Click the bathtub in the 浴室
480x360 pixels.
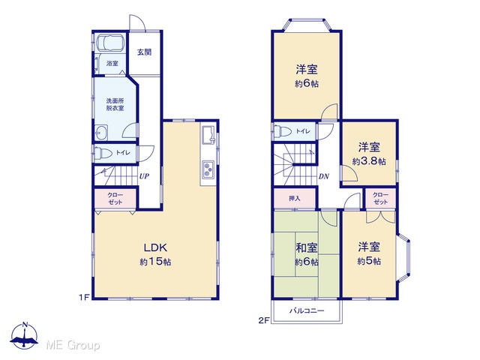(x=110, y=42)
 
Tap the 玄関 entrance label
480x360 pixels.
(x=144, y=52)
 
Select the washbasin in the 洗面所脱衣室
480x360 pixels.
(x=101, y=133)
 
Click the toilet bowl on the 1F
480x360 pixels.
(x=100, y=153)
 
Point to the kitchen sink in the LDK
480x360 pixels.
(x=208, y=134)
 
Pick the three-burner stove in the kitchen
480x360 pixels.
(x=208, y=169)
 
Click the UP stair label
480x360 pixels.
(x=144, y=176)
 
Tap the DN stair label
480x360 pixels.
(x=324, y=176)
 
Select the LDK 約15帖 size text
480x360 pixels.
(x=155, y=262)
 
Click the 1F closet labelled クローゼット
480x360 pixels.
(x=115, y=198)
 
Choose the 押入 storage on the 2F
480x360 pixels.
(x=295, y=198)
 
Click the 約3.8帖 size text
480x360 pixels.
(x=369, y=161)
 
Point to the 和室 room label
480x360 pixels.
(x=307, y=247)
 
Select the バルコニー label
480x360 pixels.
(x=307, y=311)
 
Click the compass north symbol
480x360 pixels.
(x=25, y=335)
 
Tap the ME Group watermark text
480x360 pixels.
(x=73, y=345)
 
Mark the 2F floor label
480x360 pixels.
(x=263, y=320)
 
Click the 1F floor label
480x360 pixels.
(x=84, y=297)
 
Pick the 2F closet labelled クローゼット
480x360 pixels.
(x=380, y=198)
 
